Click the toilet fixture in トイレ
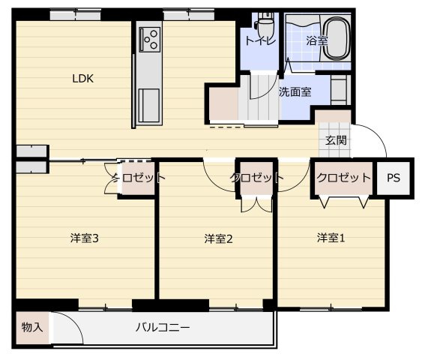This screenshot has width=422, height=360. click(x=263, y=22)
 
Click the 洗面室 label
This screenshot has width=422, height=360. click(x=295, y=92)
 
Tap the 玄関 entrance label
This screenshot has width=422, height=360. click(x=336, y=140)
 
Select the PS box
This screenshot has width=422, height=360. click(x=394, y=178)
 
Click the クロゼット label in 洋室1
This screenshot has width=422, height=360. click(x=343, y=178)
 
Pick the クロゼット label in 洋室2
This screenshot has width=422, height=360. click(x=256, y=178)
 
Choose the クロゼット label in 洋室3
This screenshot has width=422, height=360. click(x=139, y=178)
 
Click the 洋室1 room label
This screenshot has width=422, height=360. click(x=331, y=238)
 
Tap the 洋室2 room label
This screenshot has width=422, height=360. click(x=219, y=238)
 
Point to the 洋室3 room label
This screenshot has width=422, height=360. click(x=85, y=238)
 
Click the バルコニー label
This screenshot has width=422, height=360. click(x=163, y=328)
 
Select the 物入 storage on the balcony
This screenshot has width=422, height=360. click(x=31, y=328)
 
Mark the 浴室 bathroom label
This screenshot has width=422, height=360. click(x=317, y=40)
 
